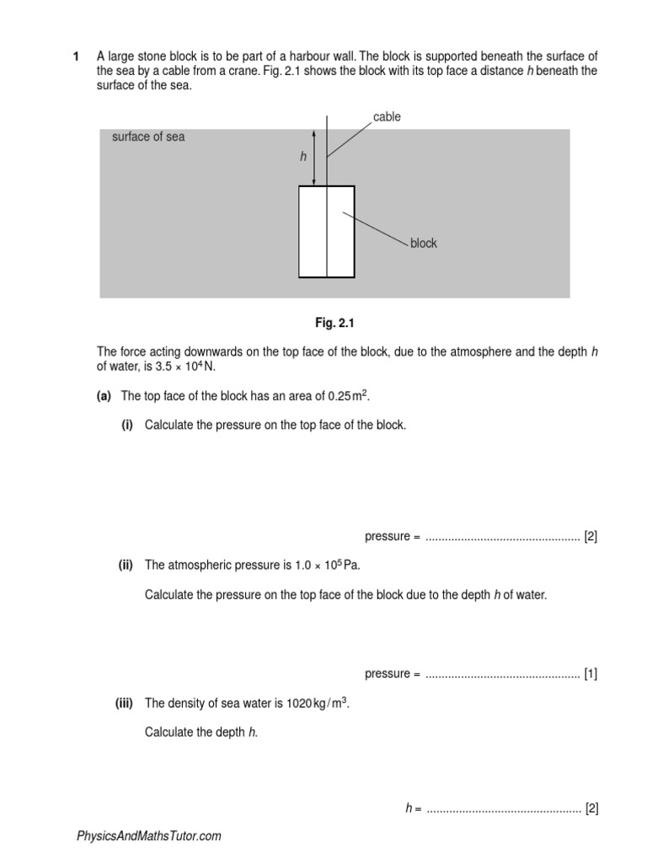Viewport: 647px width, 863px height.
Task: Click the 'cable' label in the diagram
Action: point(387,117)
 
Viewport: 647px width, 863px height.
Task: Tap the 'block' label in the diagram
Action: point(424,244)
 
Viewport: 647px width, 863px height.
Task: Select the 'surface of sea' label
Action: point(148,137)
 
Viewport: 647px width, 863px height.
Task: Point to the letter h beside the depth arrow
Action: point(303,157)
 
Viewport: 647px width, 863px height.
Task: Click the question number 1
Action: point(76,56)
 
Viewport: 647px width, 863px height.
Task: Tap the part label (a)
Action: point(105,396)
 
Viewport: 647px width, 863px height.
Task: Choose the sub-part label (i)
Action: point(127,425)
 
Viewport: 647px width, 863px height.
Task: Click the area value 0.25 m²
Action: point(348,396)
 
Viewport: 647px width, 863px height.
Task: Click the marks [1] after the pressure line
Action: point(591,673)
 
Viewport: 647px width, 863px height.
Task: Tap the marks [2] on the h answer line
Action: point(591,808)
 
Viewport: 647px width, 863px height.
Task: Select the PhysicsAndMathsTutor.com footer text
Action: point(149,836)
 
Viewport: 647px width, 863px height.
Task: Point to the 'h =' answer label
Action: point(412,808)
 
